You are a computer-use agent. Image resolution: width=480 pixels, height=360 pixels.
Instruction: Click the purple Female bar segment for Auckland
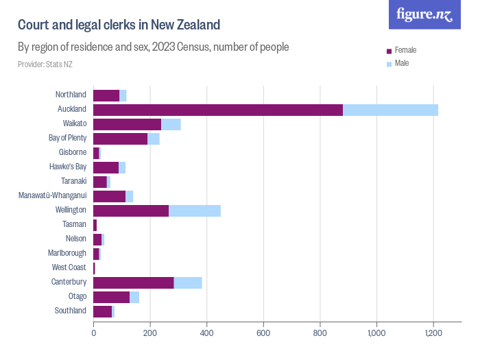click(x=218, y=110)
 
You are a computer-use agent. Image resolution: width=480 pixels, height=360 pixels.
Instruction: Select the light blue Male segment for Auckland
click(x=390, y=110)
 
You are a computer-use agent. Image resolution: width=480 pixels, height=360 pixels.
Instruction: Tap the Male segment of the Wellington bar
click(x=195, y=211)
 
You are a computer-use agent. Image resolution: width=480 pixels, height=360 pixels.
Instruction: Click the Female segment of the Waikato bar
click(x=128, y=124)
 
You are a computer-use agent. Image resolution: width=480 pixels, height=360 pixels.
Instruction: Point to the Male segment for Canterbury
click(x=188, y=283)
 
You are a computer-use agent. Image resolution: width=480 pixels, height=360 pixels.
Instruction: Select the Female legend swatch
click(x=389, y=51)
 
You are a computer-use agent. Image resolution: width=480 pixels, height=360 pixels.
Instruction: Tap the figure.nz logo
click(x=424, y=14)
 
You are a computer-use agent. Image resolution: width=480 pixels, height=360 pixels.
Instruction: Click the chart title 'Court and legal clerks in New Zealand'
click(x=119, y=25)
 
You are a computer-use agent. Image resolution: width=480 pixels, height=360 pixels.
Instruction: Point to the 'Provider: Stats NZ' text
click(x=45, y=64)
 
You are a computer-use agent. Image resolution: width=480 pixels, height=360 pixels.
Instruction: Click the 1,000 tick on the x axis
click(x=376, y=333)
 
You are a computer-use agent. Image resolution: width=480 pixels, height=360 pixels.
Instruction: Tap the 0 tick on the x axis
click(x=94, y=333)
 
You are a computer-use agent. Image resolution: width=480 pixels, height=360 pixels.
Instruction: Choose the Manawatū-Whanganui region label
click(x=52, y=196)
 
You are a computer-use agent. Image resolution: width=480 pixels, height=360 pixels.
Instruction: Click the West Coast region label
click(x=69, y=268)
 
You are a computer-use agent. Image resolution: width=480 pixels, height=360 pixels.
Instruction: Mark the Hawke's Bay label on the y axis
click(x=68, y=167)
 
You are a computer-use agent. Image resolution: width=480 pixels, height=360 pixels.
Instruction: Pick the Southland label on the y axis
click(x=71, y=311)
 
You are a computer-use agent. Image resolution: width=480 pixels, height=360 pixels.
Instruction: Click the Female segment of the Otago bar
click(x=112, y=297)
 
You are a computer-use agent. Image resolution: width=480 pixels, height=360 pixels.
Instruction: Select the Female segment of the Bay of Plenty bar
click(x=121, y=139)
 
